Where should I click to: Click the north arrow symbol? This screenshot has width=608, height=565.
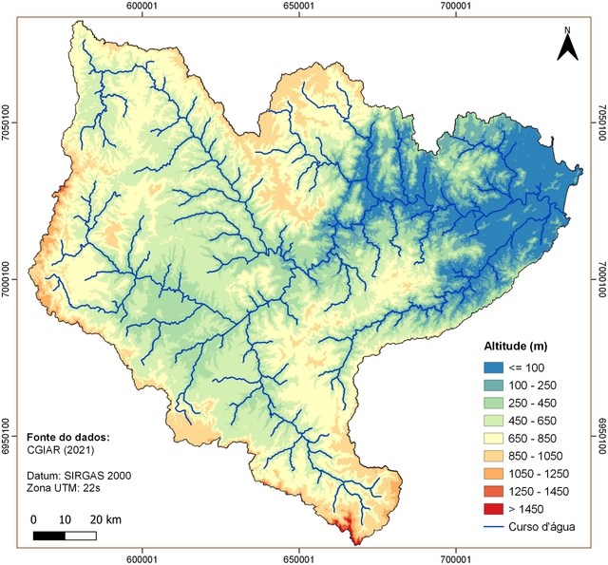click(567, 45)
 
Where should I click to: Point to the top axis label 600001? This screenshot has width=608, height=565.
click(142, 7)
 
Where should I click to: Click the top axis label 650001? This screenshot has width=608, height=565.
click(299, 7)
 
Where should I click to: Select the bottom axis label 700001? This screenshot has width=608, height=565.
click(457, 558)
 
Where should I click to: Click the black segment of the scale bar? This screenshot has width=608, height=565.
click(49, 536)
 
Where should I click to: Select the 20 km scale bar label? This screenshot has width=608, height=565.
click(105, 520)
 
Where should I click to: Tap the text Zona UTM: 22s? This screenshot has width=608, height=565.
click(65, 487)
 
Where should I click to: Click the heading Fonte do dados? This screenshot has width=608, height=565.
click(66, 437)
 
